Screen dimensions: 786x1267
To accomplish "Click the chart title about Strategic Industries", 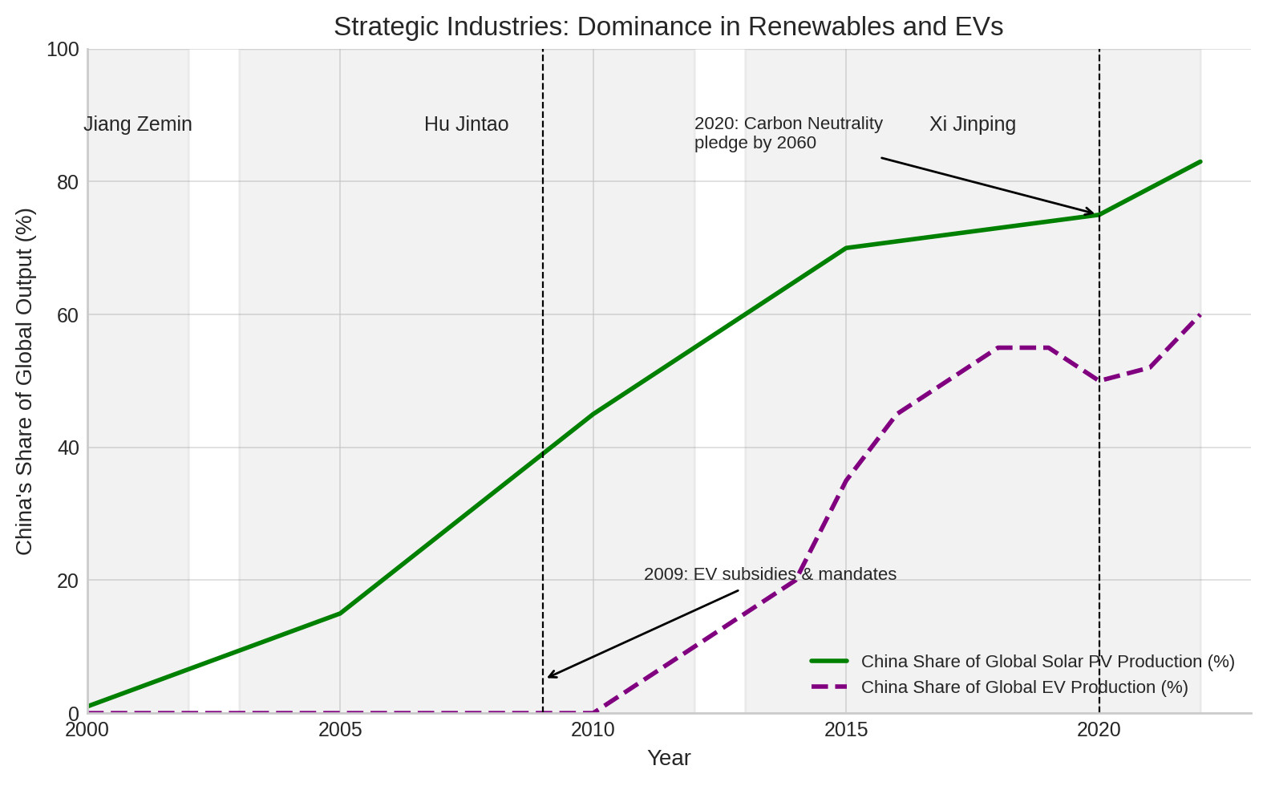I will point(668,27).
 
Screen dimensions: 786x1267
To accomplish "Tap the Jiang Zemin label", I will point(138,124).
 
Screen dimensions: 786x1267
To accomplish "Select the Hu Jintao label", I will point(466,124).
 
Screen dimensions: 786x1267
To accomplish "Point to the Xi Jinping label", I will point(972,124).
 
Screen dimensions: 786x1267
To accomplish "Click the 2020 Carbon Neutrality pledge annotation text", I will point(788,133).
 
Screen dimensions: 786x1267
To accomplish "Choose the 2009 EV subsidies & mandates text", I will point(770,574).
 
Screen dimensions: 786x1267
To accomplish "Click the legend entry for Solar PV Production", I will point(1047,662).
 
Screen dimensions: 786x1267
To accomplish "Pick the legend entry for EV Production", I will point(1024,687).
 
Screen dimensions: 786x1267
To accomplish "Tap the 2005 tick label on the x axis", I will point(340,730).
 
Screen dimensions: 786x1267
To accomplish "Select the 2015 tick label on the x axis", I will point(846,730).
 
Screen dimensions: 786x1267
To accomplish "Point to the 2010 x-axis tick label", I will point(593,730).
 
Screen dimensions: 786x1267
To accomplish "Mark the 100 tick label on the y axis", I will point(63,50).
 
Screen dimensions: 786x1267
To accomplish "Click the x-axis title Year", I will point(669,758).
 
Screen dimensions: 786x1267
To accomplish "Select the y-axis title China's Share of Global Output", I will point(25,381).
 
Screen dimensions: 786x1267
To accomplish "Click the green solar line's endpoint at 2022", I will point(1200,161).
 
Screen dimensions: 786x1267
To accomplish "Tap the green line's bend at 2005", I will point(340,614).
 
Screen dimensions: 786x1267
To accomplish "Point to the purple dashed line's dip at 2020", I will point(1099,381).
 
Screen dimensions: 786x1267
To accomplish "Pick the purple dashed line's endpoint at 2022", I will point(1200,314).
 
